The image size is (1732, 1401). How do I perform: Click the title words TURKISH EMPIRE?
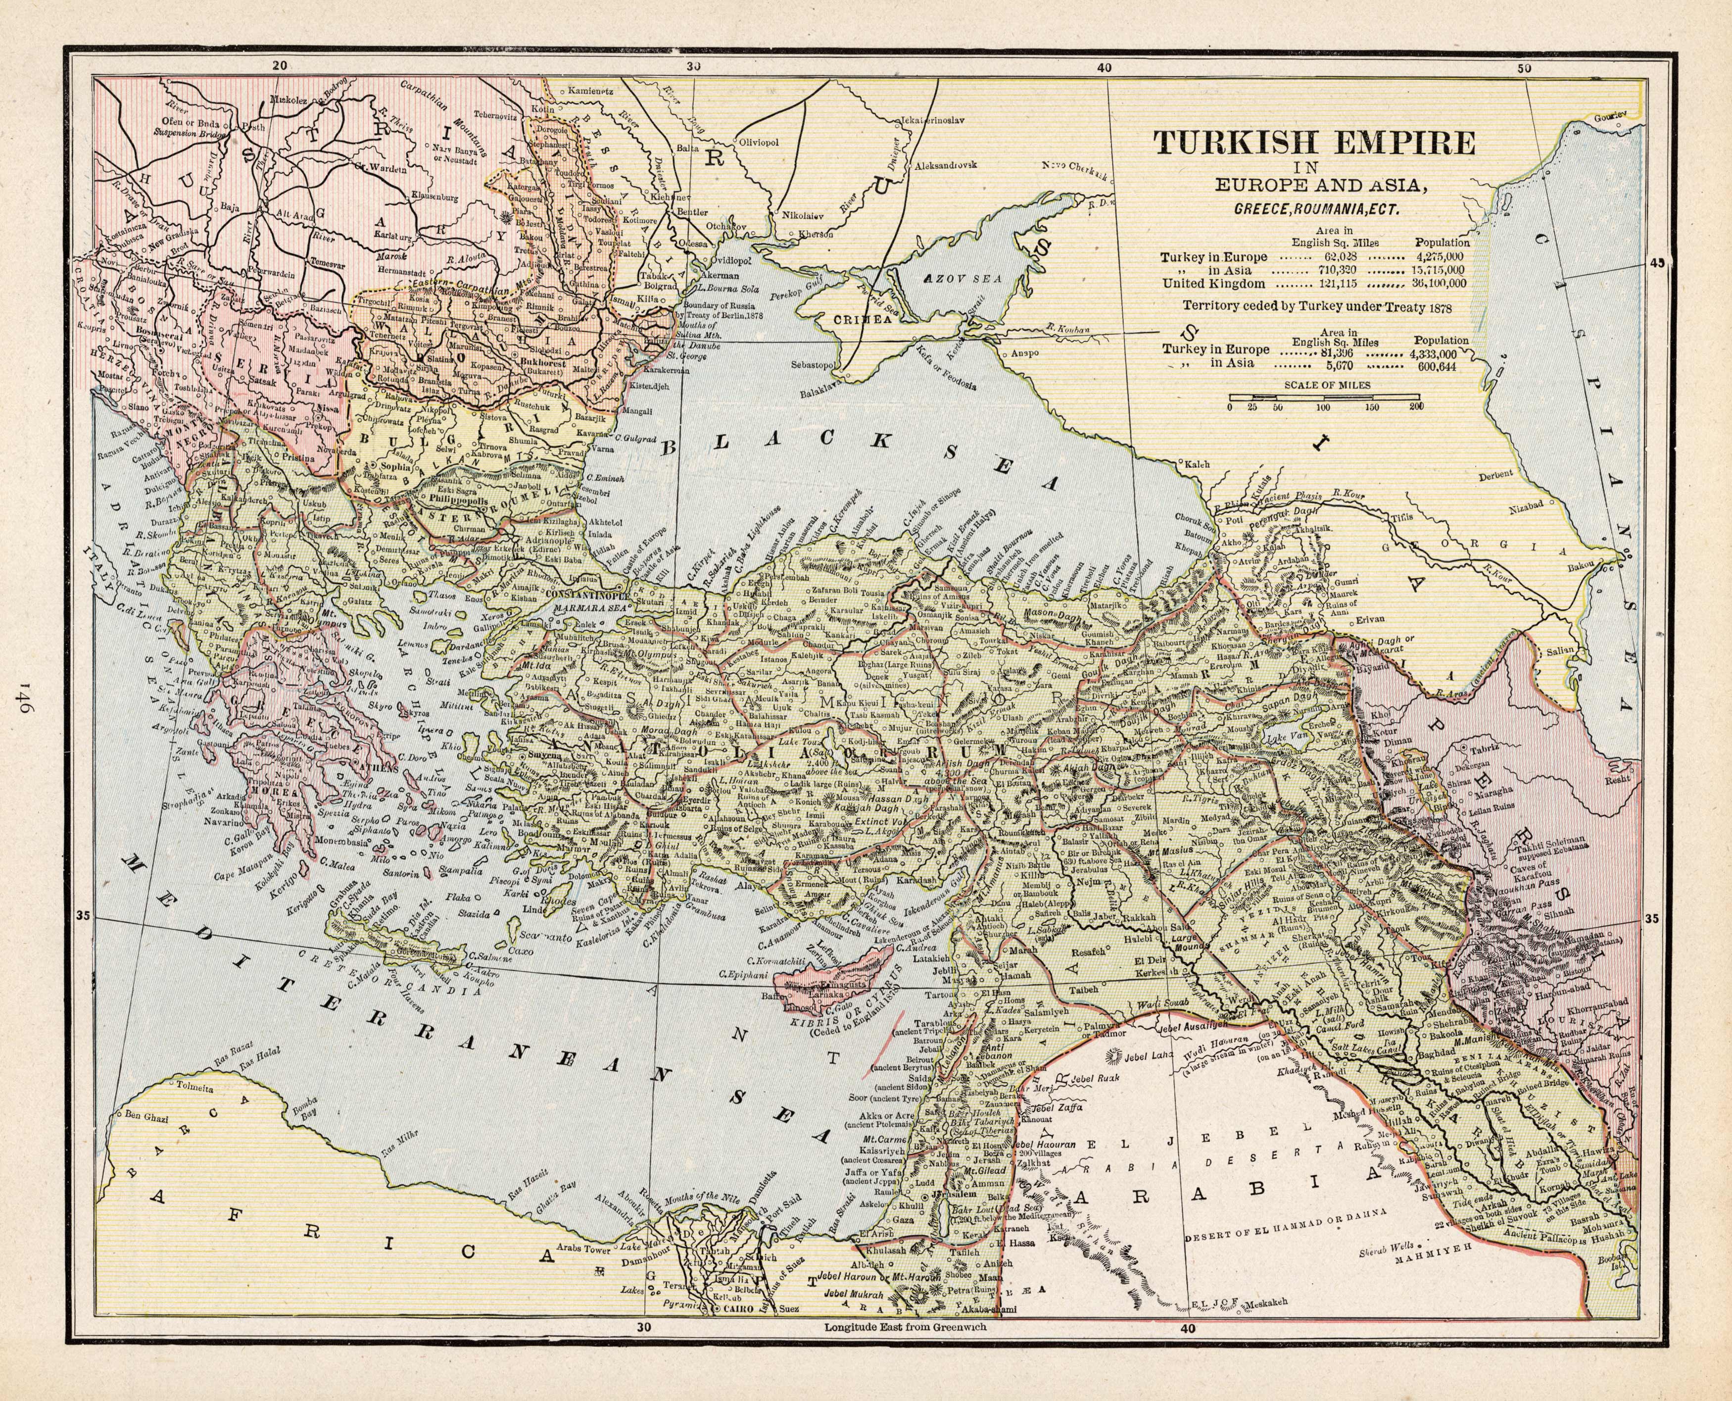(x=1315, y=143)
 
